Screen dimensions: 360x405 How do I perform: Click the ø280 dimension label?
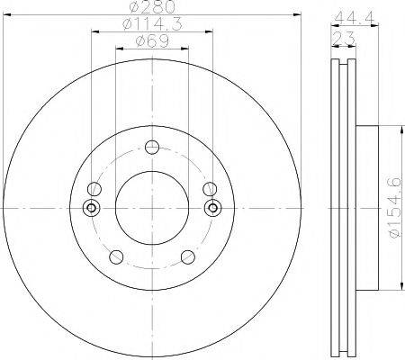(x=153, y=10)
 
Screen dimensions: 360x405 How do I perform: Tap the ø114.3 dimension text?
(x=153, y=25)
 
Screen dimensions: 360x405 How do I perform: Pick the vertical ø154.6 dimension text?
(x=392, y=207)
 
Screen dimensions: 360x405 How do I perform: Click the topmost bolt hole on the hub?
(x=152, y=148)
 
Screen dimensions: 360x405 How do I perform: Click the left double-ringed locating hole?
(x=90, y=208)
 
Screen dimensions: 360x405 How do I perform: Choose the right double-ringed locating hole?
(x=213, y=208)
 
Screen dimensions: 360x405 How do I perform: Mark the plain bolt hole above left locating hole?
(x=93, y=189)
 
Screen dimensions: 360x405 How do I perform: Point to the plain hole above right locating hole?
(x=210, y=189)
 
